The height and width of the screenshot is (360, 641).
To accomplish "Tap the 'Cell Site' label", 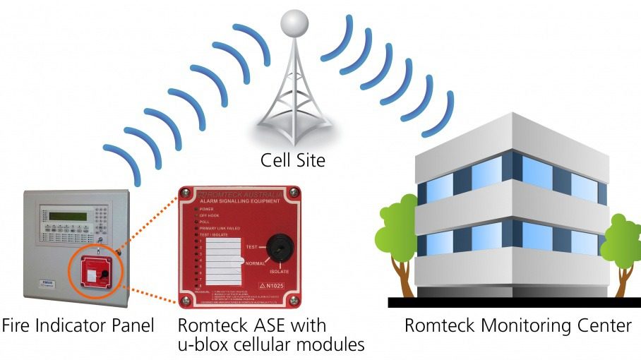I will point(293,160).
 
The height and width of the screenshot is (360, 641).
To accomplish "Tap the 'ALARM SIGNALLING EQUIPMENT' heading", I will point(237,201).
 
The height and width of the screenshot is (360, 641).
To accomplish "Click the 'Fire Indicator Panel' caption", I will point(78,326).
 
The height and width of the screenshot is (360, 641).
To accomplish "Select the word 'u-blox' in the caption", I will point(200,345).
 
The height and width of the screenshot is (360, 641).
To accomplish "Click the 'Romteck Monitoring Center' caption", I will point(517,326).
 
